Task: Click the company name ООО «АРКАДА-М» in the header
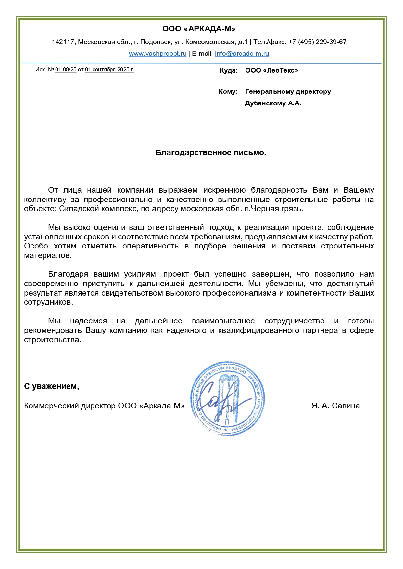coord(199,29)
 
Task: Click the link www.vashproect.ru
coord(157,54)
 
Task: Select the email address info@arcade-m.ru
coord(242,54)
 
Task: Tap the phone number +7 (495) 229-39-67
coord(317,42)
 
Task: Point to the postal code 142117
coord(63,42)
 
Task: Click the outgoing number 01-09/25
coord(66,70)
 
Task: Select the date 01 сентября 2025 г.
coord(109,70)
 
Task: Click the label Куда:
coord(229,71)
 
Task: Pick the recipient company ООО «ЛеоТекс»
coord(271,71)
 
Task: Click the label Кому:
coord(228,92)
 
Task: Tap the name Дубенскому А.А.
coord(273,103)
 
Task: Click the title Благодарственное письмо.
coord(211,153)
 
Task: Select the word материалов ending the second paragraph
coord(47,255)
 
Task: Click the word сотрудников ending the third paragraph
coord(48,302)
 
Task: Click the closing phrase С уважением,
coord(51,386)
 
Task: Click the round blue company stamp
coord(227,399)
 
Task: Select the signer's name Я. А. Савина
coord(335,406)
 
